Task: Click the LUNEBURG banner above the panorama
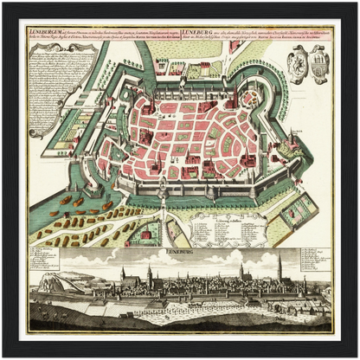179,248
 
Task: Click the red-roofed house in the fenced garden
147,234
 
